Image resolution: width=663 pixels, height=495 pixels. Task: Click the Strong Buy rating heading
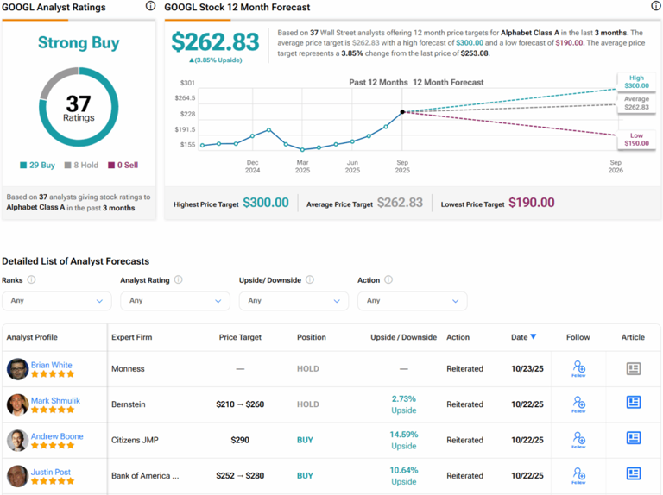pyautogui.click(x=79, y=43)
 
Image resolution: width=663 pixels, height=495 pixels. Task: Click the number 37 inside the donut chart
pyautogui.click(x=79, y=103)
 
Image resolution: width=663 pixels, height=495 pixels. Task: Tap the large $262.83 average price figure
pyautogui.click(x=215, y=42)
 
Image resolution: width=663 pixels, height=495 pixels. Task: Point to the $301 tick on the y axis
pyautogui.click(x=187, y=83)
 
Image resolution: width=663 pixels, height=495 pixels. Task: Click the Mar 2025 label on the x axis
pyautogui.click(x=303, y=166)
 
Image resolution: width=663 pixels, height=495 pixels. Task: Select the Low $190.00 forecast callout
pyautogui.click(x=636, y=139)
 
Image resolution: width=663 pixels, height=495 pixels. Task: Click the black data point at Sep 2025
pyautogui.click(x=402, y=111)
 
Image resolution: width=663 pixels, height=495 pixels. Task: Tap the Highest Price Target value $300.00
pyautogui.click(x=265, y=203)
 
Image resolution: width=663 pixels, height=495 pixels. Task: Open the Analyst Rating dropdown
pyautogui.click(x=174, y=301)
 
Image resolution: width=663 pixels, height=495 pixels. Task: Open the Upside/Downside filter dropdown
pyautogui.click(x=294, y=301)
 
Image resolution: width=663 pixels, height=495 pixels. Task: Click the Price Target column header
pyautogui.click(x=240, y=337)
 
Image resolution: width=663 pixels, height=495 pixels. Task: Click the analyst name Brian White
pyautogui.click(x=51, y=365)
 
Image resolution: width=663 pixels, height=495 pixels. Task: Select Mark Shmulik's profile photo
pyautogui.click(x=17, y=404)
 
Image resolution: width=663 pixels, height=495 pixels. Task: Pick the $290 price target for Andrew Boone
pyautogui.click(x=240, y=440)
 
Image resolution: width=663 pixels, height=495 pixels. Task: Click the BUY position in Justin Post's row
pyautogui.click(x=306, y=476)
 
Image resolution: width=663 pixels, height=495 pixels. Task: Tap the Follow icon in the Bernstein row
pyautogui.click(x=578, y=404)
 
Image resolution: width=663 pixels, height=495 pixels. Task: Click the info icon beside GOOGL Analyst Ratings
pyautogui.click(x=151, y=7)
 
